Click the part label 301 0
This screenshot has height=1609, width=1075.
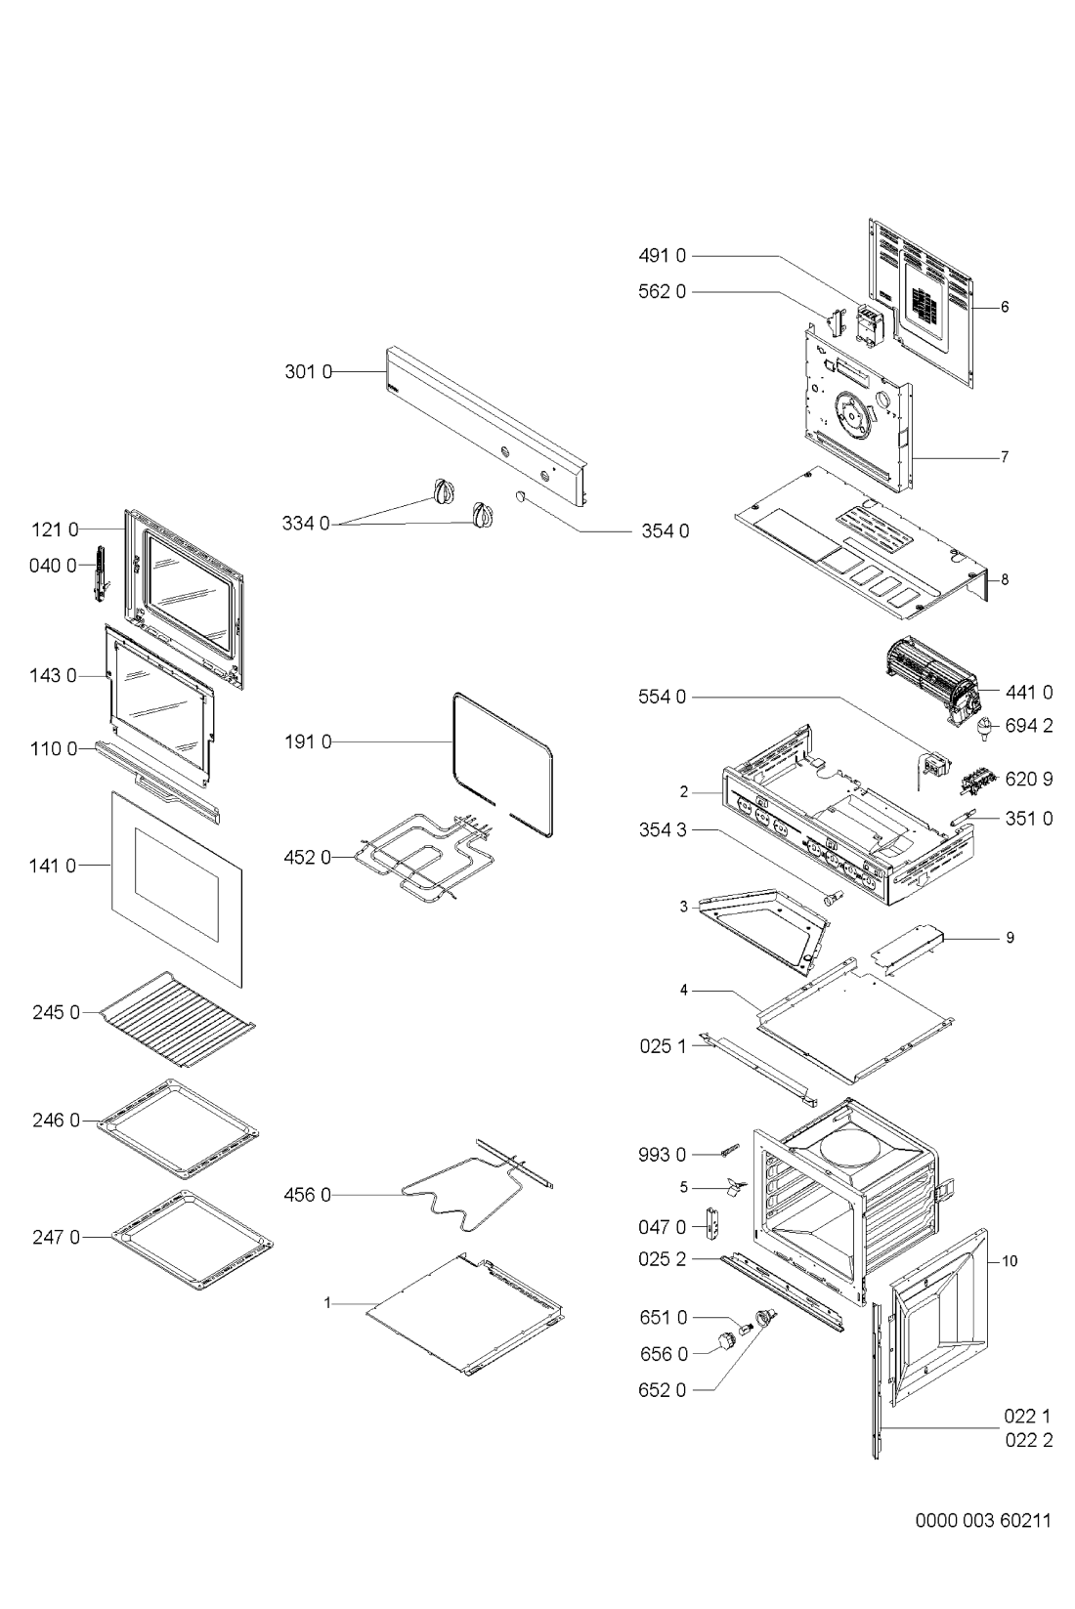click(308, 372)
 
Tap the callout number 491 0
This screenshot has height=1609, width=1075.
click(662, 255)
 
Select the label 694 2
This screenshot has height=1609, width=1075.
click(1029, 726)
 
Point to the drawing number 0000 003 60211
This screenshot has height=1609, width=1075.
click(983, 1520)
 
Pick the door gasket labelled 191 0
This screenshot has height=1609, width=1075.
click(503, 765)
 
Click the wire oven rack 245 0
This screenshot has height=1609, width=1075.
click(177, 1019)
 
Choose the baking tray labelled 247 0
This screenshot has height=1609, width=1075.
click(193, 1240)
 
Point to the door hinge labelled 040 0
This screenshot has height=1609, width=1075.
click(102, 572)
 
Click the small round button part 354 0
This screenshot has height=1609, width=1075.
click(521, 495)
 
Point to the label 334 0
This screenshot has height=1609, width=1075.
click(306, 524)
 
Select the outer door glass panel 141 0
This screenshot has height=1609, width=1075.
click(176, 889)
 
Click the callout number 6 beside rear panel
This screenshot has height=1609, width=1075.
click(1005, 307)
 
